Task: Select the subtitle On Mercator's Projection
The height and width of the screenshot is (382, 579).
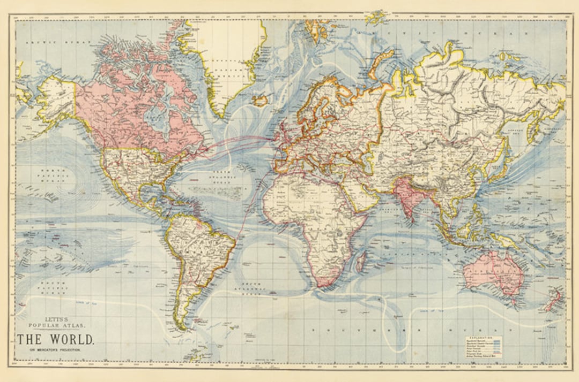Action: click(55, 350)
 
